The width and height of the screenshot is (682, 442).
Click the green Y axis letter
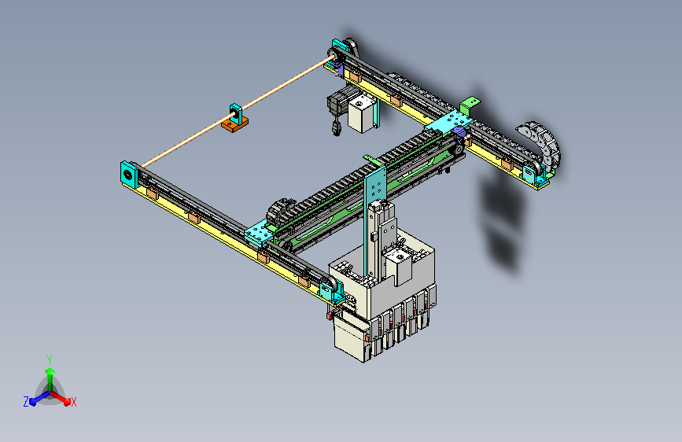click(50, 359)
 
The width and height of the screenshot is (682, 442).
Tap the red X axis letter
click(73, 402)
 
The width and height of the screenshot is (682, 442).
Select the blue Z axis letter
click(26, 402)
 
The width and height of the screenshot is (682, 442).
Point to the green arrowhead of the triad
click(50, 371)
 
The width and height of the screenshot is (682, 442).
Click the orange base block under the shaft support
click(235, 124)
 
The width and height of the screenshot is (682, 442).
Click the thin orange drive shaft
click(235, 114)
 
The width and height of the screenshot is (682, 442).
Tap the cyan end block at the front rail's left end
click(129, 174)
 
